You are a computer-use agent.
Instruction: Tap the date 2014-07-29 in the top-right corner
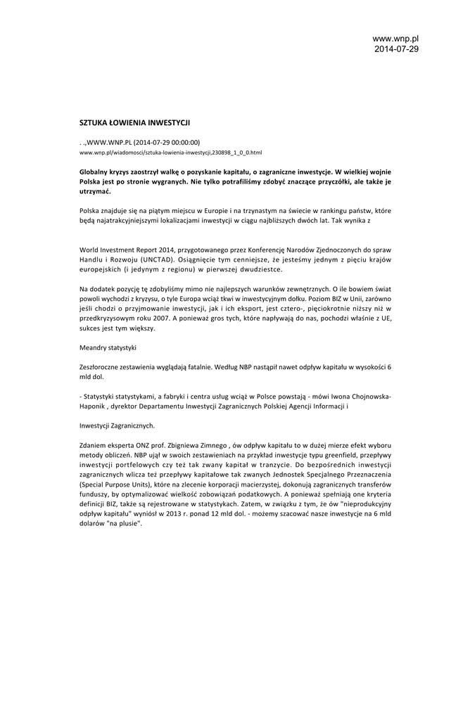coord(395,49)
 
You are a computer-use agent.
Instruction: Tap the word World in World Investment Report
coord(89,250)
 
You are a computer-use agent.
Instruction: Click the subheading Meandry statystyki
coord(108,347)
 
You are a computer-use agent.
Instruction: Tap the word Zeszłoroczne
coord(101,367)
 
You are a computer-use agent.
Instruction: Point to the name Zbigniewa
coord(190,446)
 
